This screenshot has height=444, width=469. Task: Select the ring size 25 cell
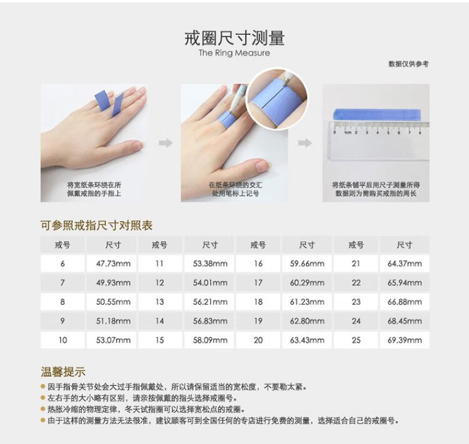[356, 340]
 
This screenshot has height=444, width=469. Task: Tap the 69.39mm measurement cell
[405, 340]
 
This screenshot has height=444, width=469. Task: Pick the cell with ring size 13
[159, 302]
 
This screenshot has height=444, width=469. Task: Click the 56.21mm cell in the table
[210, 302]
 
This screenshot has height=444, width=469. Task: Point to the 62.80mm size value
[307, 321]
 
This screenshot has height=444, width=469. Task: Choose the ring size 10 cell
[63, 340]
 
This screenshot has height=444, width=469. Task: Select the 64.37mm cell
[405, 264]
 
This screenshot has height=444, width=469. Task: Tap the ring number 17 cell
[258, 283]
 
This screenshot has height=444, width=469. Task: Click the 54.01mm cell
[210, 283]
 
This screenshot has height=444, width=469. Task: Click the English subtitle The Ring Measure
[234, 53]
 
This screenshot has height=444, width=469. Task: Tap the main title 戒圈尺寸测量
[234, 38]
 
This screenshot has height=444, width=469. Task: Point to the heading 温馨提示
[63, 372]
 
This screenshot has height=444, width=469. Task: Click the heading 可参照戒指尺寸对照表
[96, 225]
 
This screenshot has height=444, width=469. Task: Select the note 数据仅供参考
[408, 64]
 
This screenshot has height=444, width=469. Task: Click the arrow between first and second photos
[166, 143]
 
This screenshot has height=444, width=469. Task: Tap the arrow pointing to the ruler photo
[305, 143]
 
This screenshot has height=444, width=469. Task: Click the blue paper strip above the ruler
[377, 114]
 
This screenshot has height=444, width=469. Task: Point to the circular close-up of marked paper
[276, 98]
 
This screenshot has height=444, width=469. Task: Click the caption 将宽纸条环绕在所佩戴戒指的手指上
[94, 189]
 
